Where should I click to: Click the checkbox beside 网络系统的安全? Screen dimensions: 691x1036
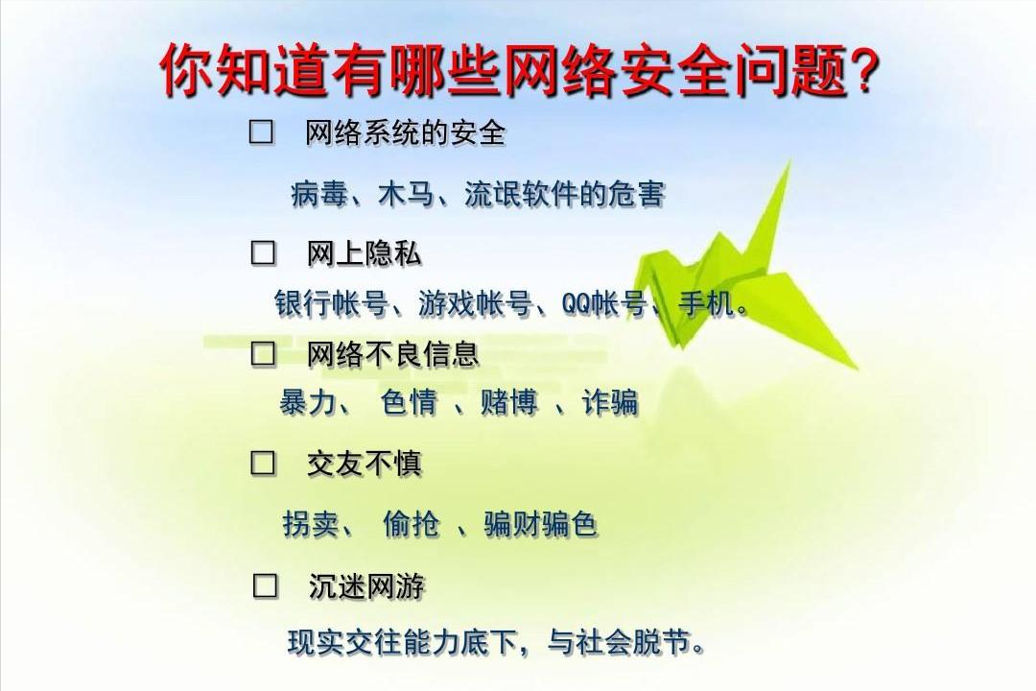tap(261, 132)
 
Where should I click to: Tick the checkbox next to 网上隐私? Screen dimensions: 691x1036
tap(263, 253)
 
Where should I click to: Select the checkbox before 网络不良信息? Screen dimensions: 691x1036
tap(263, 354)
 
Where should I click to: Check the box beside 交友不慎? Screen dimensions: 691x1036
tap(263, 464)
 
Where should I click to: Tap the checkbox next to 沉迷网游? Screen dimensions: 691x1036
tap(265, 585)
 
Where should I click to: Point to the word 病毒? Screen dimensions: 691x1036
tap(319, 195)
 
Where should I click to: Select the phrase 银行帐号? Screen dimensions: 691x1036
tap(332, 304)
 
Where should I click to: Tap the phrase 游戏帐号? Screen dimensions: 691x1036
tap(475, 304)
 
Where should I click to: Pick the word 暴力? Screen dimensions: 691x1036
tap(308, 402)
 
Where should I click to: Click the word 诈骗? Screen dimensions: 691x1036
tap(609, 402)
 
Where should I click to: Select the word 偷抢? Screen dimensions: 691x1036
tap(411, 524)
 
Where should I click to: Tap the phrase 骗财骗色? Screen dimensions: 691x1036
tap(540, 524)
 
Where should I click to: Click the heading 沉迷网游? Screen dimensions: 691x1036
tap(366, 585)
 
